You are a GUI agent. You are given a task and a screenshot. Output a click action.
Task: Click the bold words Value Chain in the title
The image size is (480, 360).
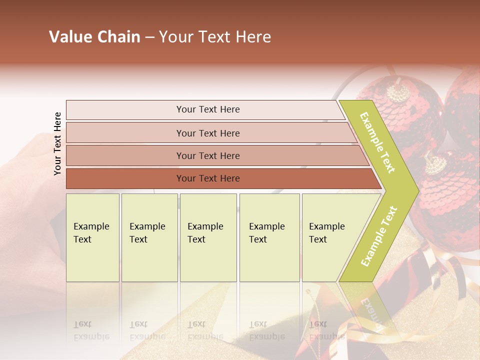point(94,37)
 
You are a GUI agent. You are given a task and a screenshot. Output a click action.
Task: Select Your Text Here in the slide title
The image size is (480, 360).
point(215,37)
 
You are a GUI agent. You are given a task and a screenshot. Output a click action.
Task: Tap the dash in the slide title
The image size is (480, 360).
point(149,37)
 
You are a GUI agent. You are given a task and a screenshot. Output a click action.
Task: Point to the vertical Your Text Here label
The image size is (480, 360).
point(57,143)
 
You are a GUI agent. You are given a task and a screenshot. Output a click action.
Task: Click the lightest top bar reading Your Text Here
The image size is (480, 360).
point(208,109)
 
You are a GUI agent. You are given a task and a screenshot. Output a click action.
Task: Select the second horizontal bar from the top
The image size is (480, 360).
point(208,133)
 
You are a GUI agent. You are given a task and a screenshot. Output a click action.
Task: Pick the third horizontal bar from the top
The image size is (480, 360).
point(208,155)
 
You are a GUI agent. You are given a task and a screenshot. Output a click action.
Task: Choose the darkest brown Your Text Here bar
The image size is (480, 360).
point(208,178)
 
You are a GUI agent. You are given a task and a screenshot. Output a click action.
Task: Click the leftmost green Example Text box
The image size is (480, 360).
point(92,237)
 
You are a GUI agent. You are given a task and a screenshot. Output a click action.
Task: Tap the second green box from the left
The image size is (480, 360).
point(149,237)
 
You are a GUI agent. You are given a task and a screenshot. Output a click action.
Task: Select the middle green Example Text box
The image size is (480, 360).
point(208,237)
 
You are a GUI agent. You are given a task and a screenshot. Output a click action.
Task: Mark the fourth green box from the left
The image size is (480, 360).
point(269,237)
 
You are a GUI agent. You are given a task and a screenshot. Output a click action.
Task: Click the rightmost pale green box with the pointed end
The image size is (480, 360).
point(330,237)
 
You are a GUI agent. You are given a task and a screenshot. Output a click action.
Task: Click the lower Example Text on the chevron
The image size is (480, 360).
point(379,236)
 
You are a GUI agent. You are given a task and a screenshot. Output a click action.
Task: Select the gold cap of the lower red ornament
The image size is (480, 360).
point(435,162)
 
